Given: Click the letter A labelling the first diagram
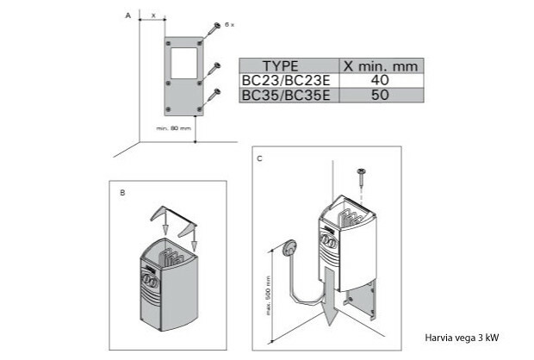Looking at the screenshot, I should [x=127, y=16].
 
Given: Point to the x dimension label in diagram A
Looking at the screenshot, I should [x=152, y=16].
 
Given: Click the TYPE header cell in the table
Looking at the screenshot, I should [x=281, y=65].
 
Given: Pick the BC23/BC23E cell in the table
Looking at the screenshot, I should [x=281, y=80].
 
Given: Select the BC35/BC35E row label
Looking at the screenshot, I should [x=281, y=95].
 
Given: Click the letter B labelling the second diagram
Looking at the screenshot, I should [x=122, y=193].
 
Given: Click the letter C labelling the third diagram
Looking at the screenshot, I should [x=260, y=159].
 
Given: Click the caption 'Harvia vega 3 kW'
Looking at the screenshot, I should [x=462, y=338].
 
